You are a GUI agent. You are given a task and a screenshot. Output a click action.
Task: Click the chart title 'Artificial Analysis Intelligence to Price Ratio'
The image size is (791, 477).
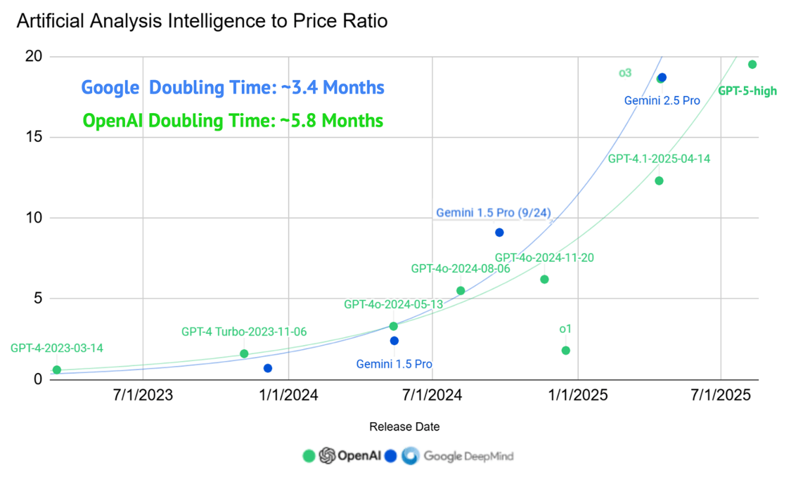tap(202, 22)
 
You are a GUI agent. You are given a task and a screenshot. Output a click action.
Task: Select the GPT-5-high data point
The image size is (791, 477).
tap(752, 65)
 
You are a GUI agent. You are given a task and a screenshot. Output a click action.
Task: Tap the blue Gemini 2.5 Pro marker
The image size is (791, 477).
tap(662, 77)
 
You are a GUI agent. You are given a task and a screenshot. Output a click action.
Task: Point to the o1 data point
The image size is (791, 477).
tap(566, 351)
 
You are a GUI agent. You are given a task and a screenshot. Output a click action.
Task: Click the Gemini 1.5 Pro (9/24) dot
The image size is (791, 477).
tap(499, 233)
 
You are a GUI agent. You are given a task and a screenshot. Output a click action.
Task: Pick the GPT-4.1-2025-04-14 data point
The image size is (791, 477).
tap(659, 181)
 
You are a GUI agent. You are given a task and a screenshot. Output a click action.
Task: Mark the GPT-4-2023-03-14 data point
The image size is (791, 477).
tap(57, 370)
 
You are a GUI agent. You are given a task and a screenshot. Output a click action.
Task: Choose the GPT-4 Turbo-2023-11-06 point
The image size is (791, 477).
tap(244, 353)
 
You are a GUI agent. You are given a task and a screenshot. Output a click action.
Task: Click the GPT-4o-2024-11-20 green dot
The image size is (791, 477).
tap(544, 279)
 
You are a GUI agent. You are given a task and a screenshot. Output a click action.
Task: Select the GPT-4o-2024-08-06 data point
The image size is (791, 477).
tap(461, 290)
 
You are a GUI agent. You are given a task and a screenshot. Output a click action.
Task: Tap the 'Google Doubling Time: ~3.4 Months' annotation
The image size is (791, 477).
tap(233, 88)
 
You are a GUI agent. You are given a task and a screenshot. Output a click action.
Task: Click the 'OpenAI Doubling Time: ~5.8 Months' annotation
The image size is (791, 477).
tap(233, 121)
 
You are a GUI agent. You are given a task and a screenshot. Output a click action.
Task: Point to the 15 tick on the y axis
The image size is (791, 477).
tap(33, 137)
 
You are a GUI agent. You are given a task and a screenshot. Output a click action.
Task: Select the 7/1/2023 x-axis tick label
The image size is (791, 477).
tap(143, 396)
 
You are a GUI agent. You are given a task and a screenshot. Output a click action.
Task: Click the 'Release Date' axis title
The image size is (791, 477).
tap(404, 426)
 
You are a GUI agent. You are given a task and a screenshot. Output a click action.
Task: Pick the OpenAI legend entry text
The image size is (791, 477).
tap(359, 456)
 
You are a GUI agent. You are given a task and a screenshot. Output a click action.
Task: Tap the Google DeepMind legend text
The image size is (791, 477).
tap(468, 456)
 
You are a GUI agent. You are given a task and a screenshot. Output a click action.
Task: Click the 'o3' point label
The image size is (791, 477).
tap(625, 72)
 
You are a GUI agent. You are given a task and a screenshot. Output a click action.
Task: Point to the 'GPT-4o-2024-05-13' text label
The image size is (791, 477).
tap(393, 304)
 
